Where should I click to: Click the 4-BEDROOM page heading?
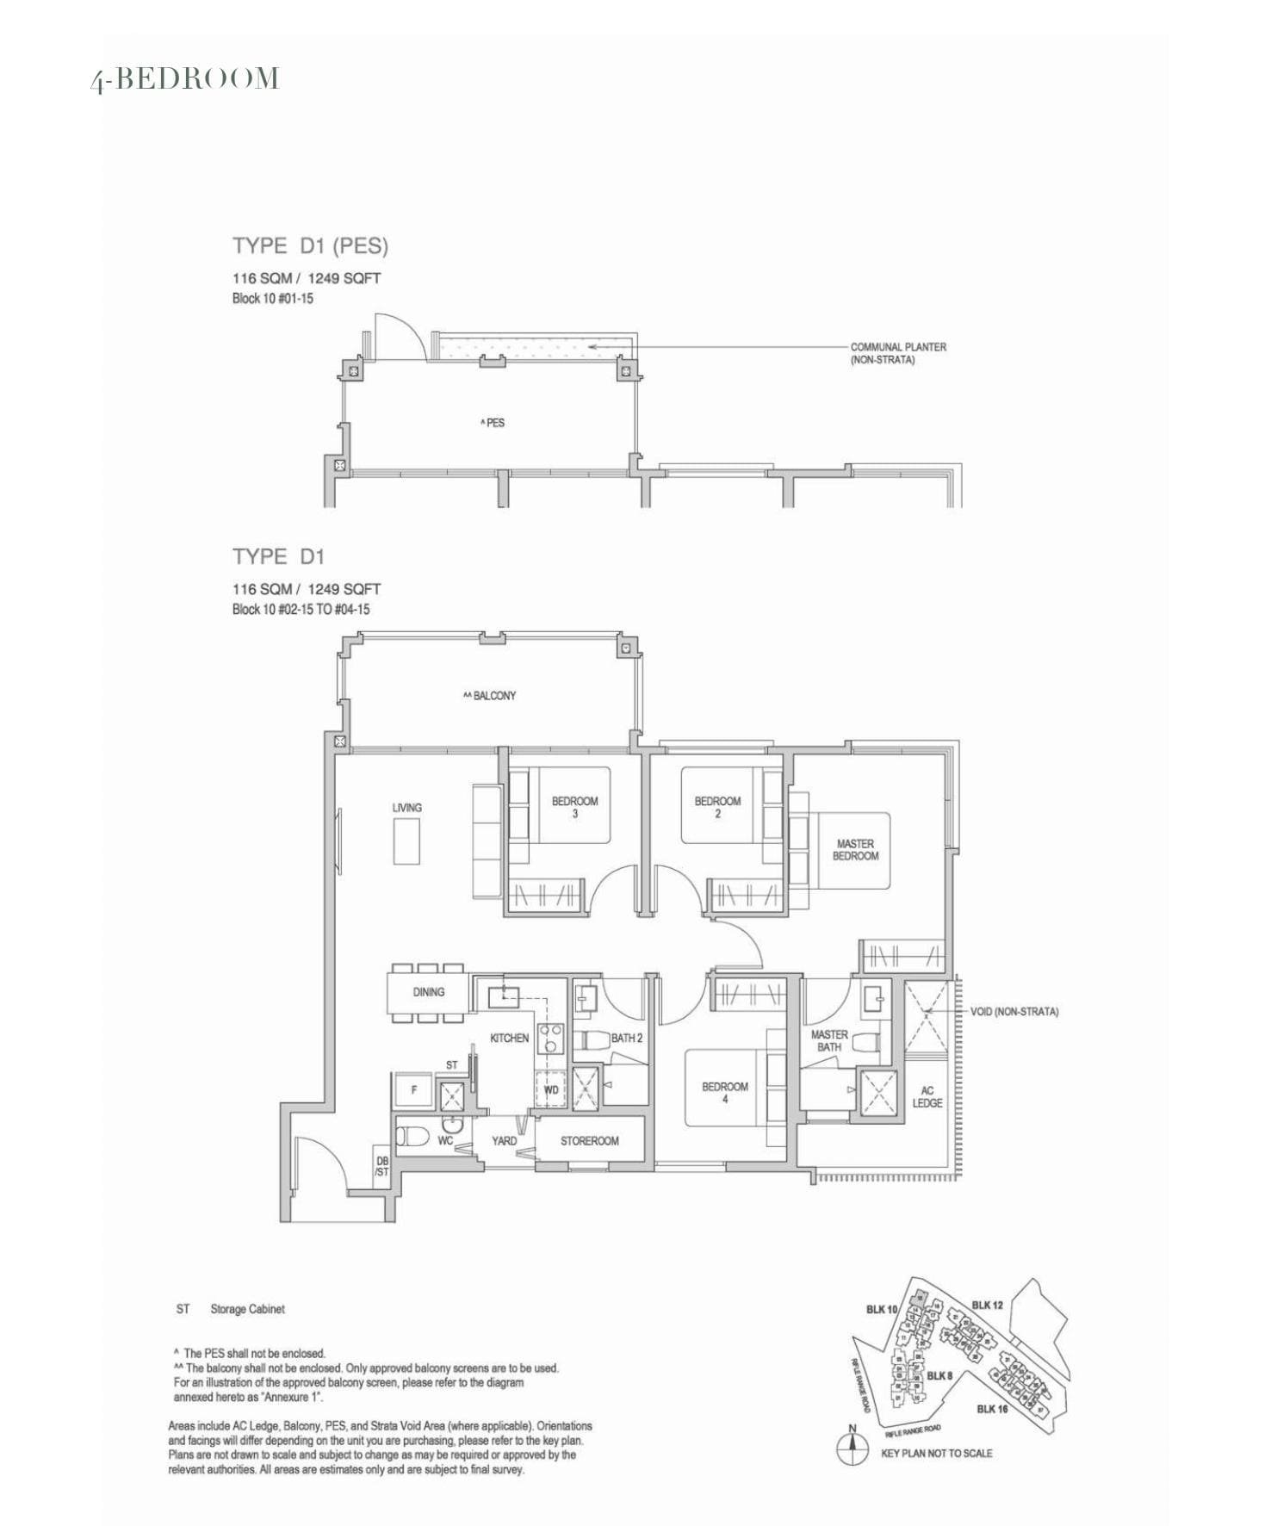tap(185, 78)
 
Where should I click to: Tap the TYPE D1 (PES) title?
tap(310, 246)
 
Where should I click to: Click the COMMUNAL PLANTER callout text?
tap(897, 353)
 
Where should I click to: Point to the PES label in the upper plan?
tap(493, 423)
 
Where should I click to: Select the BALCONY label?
tap(490, 696)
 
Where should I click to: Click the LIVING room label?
tap(406, 808)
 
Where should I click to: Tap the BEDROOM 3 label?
tap(574, 807)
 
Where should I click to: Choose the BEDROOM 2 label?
tap(717, 807)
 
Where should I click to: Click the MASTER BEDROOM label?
tap(855, 850)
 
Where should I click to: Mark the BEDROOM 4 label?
tap(724, 1092)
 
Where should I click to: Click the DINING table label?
tap(428, 992)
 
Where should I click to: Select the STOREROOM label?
tap(589, 1141)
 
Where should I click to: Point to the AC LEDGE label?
tap(927, 1096)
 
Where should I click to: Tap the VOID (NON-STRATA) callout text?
tap(1014, 1012)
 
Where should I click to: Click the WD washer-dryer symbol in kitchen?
tap(551, 1089)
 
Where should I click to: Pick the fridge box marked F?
tap(414, 1090)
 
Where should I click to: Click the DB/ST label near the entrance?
tap(382, 1167)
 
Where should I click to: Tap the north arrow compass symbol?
tap(852, 1449)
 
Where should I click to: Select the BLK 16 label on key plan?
tap(992, 1409)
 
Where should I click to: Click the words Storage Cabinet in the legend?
tap(247, 1309)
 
